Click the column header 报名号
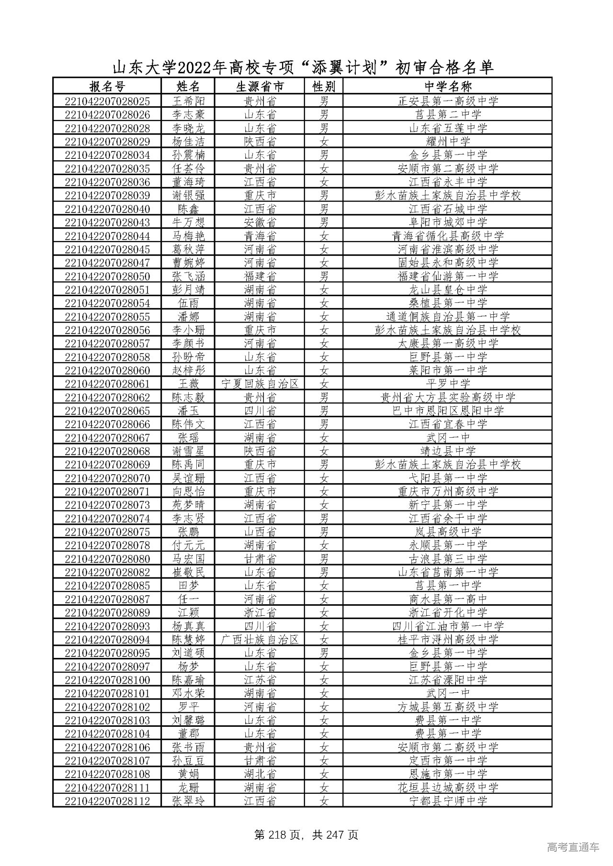pos(107,86)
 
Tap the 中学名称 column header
pos(448,86)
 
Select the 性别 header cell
pos(324,86)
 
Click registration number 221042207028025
pos(107,101)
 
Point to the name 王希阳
pos(188,101)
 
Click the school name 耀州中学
pos(448,142)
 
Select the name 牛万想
pos(188,222)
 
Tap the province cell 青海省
pos(260,236)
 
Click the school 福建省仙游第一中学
pos(448,276)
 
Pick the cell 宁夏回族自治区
pos(260,384)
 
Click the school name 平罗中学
pos(448,384)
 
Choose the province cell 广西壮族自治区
pos(260,640)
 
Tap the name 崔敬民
pos(188,572)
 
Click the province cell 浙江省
pos(260,612)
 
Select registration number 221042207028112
pos(107,801)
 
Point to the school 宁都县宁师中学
pos(448,801)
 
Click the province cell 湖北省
pos(260,774)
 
